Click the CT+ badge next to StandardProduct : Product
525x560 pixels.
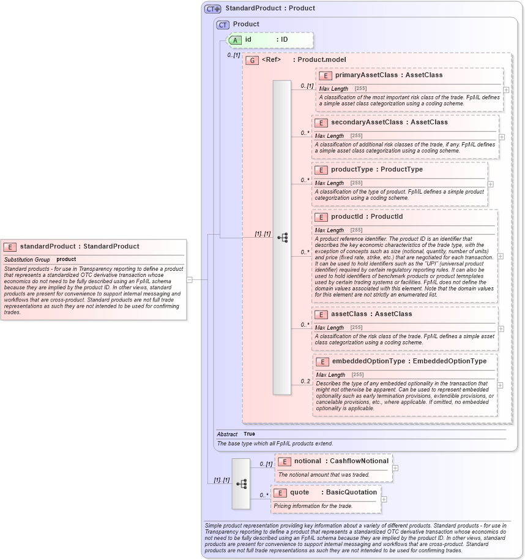(212, 9)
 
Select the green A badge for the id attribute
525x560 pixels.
(235, 40)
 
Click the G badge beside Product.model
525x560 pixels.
(251, 60)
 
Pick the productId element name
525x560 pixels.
(349, 216)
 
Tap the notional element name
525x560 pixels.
(307, 461)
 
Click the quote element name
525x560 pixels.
(299, 492)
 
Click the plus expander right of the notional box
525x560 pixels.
(395, 468)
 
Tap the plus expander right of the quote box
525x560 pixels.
(384, 499)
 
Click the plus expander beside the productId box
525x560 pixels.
(501, 256)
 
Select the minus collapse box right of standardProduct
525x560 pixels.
(190, 279)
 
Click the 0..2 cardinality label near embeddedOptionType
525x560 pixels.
(305, 381)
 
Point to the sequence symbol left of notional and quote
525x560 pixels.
(241, 483)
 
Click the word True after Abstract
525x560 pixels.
(249, 434)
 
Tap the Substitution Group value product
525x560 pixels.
(66, 259)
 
